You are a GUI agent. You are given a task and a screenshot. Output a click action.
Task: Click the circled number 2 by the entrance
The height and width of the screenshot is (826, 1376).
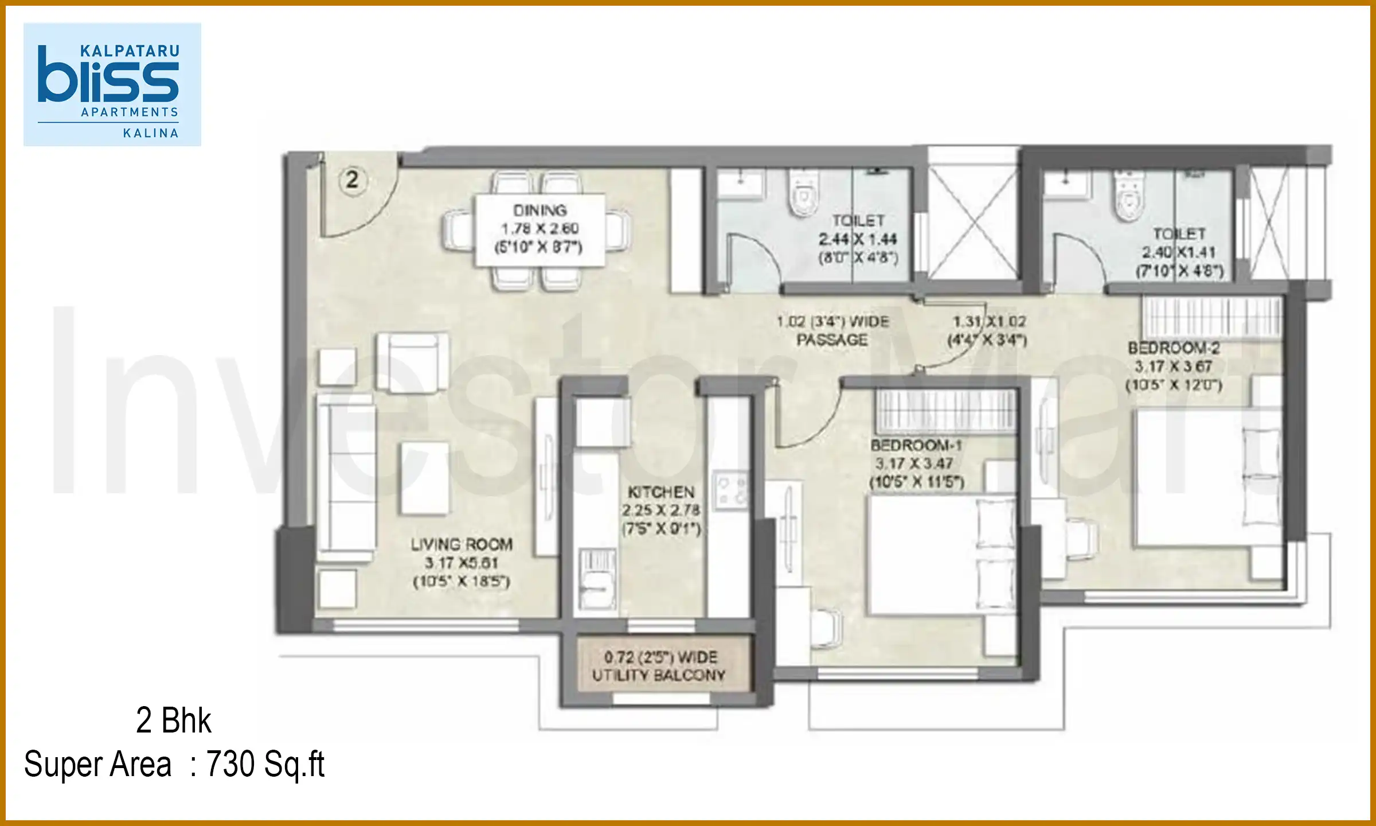[352, 181]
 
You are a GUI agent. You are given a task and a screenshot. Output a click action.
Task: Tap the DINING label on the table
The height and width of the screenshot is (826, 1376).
[540, 211]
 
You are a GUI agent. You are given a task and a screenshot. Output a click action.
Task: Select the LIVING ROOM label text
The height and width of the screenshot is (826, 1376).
[462, 544]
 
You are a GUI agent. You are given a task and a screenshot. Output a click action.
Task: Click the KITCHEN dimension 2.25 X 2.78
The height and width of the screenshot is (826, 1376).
[661, 510]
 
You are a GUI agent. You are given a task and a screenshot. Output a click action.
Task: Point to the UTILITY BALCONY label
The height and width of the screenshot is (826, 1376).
[659, 675]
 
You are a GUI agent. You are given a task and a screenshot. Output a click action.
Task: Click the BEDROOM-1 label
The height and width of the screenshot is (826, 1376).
[916, 445]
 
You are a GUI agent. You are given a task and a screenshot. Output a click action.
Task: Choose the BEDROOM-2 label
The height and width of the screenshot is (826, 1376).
[1173, 348]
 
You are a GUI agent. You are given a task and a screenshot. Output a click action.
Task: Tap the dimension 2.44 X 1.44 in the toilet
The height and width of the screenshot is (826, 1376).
[858, 239]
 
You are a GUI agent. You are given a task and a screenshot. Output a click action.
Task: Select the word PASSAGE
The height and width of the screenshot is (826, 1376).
[832, 340]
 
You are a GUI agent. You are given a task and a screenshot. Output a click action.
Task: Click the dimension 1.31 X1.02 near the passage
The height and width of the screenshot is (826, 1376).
[989, 321]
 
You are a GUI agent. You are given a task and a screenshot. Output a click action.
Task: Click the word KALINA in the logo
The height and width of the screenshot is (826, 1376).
[151, 133]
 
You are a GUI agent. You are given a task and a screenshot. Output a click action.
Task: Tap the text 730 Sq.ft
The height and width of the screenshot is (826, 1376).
[265, 765]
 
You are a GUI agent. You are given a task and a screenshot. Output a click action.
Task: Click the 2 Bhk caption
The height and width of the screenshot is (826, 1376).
[173, 720]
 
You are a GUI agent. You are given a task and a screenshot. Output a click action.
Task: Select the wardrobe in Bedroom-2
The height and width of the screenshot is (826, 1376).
[1212, 317]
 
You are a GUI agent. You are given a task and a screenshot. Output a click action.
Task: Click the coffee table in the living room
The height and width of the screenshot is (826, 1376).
[425, 478]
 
